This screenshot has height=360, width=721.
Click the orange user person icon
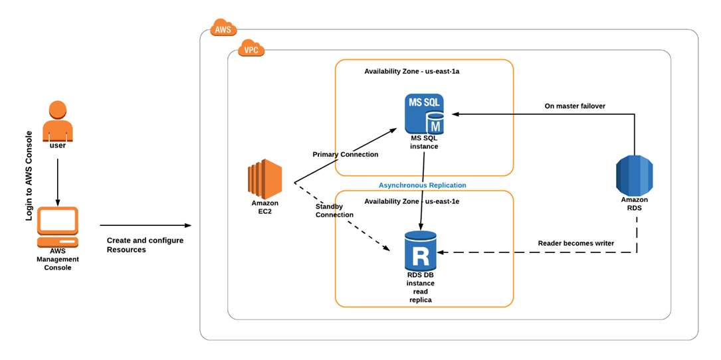coord(58,120)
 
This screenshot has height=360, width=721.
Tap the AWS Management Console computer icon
coord(58,228)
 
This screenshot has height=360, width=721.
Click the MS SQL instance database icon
coord(425,114)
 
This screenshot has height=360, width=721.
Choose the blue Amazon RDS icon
coord(635,174)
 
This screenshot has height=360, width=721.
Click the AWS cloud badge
coord(223,29)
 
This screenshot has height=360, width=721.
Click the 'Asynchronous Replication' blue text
coord(423,185)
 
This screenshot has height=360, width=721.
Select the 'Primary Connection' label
coord(346,155)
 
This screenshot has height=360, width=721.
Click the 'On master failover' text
coord(575,106)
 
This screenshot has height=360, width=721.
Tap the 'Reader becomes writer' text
coord(575,244)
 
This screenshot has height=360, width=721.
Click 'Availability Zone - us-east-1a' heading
coord(412,71)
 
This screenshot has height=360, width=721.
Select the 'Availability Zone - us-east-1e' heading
coord(412,201)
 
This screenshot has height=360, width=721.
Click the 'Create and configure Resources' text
coord(145,245)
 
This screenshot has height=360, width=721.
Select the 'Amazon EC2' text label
coord(265,207)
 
